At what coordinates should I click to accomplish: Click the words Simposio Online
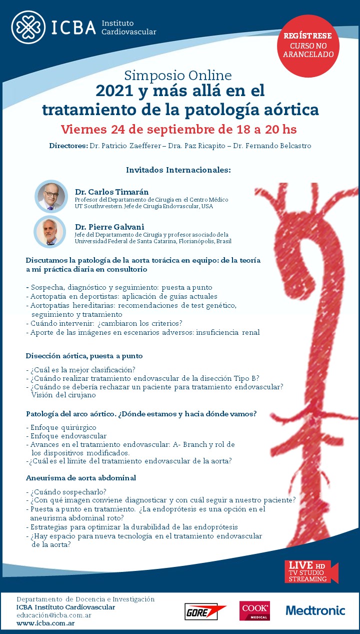[x=178, y=76]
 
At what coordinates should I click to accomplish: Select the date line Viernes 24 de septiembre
[x=178, y=129]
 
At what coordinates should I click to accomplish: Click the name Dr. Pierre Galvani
[x=109, y=227]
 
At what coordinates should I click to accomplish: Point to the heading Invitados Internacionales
[x=178, y=170]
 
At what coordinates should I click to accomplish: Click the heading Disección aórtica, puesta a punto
[x=84, y=356]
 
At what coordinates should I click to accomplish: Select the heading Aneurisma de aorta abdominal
[x=81, y=478]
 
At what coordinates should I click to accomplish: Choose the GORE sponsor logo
[x=205, y=611]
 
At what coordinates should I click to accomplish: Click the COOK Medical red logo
[x=254, y=610]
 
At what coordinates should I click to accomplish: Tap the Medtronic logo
[x=315, y=610]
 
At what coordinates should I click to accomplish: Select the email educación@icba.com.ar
[x=53, y=615]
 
